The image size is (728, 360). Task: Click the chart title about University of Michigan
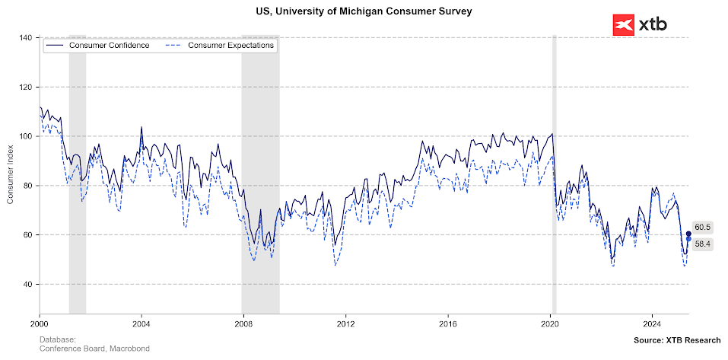tap(364, 11)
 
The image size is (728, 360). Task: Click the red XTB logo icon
tap(623, 25)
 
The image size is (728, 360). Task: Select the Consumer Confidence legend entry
tap(103, 46)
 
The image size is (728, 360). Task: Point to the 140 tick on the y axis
tap(27, 38)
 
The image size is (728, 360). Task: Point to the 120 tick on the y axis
tap(27, 88)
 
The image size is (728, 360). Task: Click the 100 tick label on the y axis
tap(27, 136)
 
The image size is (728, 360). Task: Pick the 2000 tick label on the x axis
tap(40, 323)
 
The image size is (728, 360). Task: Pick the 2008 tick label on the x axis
tap(243, 323)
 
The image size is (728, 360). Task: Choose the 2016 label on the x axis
tap(448, 323)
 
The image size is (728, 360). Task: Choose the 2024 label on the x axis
tap(652, 323)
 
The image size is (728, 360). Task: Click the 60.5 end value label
tap(702, 227)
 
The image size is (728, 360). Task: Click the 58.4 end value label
tap(702, 244)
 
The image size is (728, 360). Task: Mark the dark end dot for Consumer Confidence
tap(688, 234)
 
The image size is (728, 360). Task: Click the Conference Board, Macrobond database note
tap(94, 349)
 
